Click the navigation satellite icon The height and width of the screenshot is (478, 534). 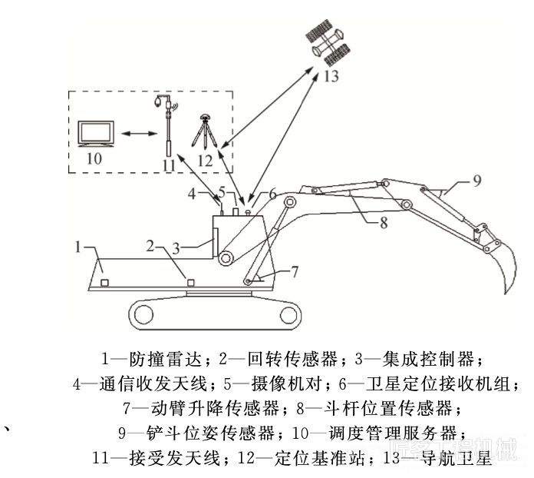pyautogui.click(x=331, y=43)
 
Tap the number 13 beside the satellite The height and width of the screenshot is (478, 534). pyautogui.click(x=329, y=76)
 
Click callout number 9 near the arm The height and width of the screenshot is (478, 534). pyautogui.click(x=476, y=181)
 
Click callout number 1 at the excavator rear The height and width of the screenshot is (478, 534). pyautogui.click(x=78, y=247)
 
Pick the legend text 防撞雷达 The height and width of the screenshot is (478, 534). pyautogui.click(x=166, y=359)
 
